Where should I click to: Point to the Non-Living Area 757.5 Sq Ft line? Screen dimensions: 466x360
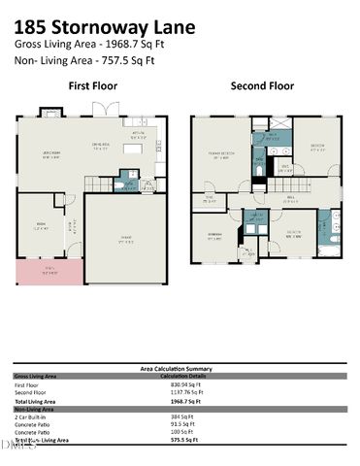87,59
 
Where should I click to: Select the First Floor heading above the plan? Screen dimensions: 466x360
92,86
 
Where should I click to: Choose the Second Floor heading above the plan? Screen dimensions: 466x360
261,86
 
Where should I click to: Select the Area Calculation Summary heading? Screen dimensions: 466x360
176,368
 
